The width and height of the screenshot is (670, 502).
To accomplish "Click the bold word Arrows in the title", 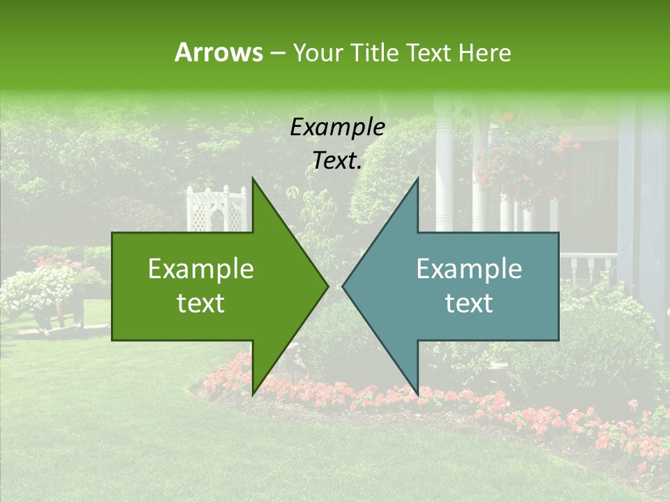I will tap(218, 52).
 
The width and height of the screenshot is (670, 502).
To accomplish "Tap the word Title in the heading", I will tap(374, 52).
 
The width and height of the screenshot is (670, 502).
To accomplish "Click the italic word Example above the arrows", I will tap(337, 128).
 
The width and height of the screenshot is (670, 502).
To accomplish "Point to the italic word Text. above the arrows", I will tap(337, 161).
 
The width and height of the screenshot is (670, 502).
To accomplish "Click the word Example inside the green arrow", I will tap(201, 269).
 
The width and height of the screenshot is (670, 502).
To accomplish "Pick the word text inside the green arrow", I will tap(201, 303).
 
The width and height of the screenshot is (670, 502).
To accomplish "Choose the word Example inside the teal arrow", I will tap(469, 269).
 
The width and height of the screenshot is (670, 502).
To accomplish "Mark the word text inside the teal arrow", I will tap(469, 303).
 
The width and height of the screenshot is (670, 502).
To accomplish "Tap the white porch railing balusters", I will tap(590, 268).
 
